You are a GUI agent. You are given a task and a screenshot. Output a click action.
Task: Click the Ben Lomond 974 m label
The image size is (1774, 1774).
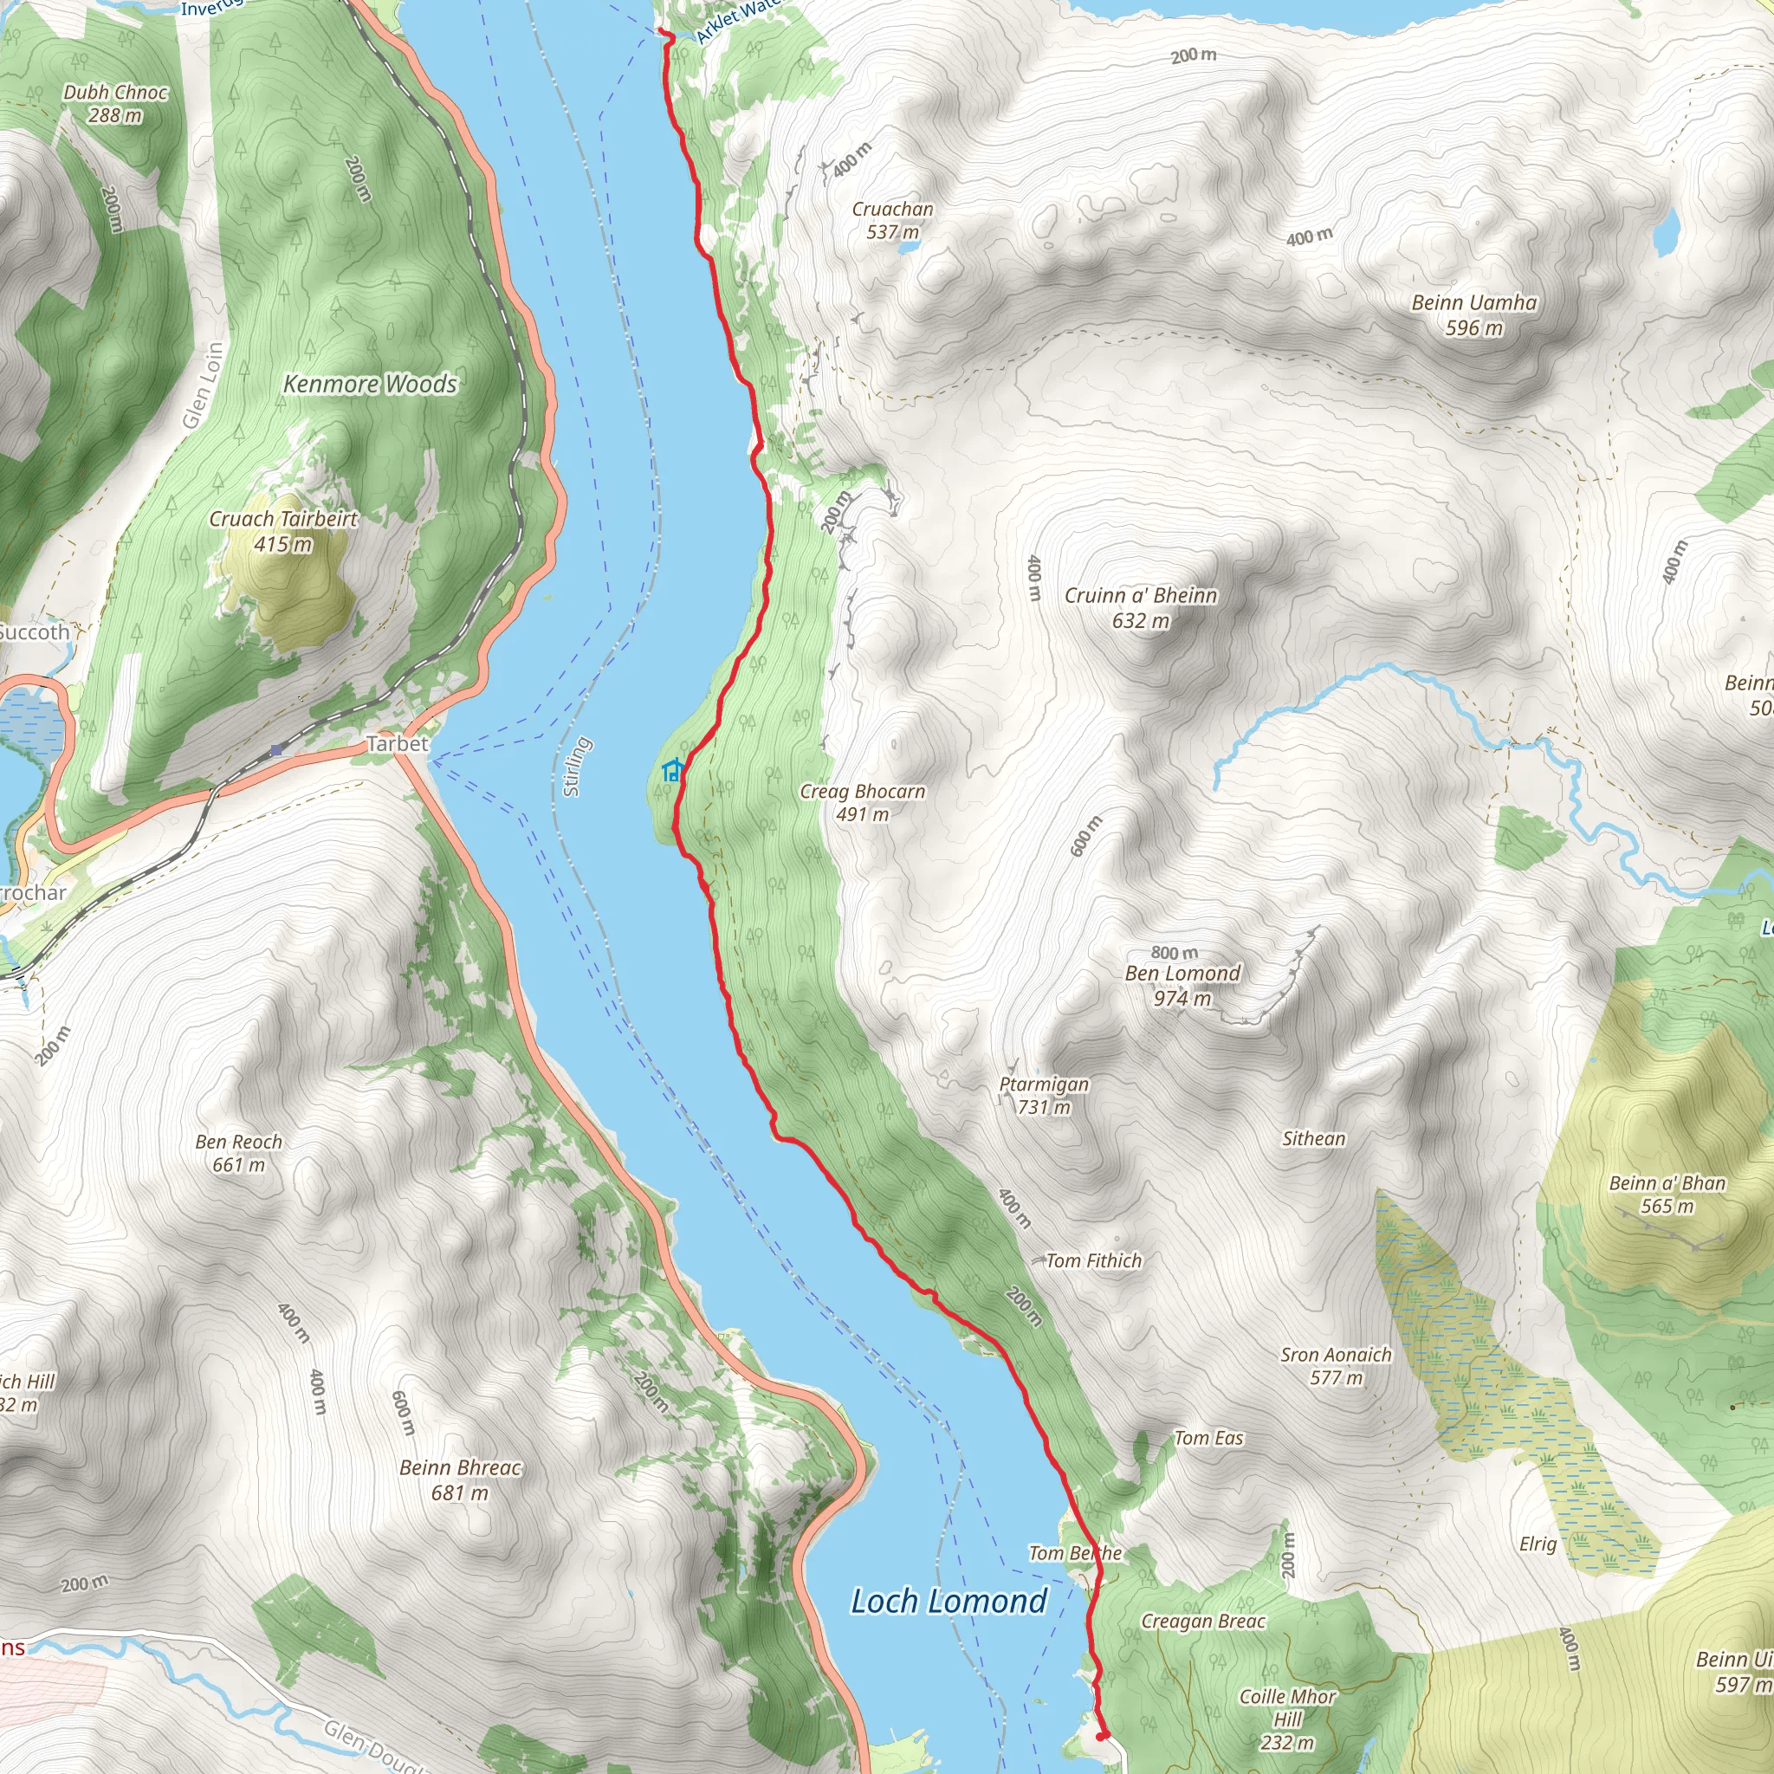[x=1182, y=985]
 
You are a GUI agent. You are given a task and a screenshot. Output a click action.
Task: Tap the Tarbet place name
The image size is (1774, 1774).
[x=397, y=744]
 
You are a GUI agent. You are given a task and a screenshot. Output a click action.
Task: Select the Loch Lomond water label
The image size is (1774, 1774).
[x=949, y=1602]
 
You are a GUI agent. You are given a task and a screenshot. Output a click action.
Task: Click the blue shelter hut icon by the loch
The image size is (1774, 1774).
[x=672, y=770]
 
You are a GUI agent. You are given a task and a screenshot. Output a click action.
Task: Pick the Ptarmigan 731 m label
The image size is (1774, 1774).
[x=1044, y=1096]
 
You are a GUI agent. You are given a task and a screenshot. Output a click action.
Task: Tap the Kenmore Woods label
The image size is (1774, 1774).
[x=369, y=384]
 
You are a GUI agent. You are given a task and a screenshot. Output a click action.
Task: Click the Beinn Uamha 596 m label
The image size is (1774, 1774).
[x=1473, y=315]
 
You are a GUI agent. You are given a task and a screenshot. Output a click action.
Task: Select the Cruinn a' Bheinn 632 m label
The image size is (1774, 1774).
[x=1141, y=608]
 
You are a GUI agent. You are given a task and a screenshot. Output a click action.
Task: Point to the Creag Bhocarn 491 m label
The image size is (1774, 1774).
[x=862, y=802]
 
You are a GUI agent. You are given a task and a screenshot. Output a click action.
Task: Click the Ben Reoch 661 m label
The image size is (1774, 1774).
[x=239, y=1153]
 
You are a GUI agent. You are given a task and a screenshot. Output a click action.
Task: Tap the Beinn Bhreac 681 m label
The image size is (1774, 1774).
[x=460, y=1480]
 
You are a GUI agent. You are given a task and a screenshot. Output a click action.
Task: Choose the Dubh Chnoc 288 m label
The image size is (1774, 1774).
[x=115, y=103]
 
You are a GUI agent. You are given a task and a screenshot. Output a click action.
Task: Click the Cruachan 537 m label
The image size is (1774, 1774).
[x=892, y=220]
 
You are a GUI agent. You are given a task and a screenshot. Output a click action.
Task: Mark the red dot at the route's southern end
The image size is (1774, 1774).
[x=1102, y=1735]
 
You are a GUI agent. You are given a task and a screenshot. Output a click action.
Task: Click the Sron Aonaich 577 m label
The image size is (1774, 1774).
[x=1336, y=1365]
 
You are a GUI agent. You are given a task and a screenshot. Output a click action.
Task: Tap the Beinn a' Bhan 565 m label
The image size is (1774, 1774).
[x=1667, y=1195]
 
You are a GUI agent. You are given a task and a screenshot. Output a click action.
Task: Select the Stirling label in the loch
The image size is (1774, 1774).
[x=575, y=767]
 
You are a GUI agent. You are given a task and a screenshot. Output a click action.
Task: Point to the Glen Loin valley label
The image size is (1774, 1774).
[x=203, y=385]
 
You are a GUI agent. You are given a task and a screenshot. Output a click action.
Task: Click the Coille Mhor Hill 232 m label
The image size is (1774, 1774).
[x=1287, y=1718]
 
